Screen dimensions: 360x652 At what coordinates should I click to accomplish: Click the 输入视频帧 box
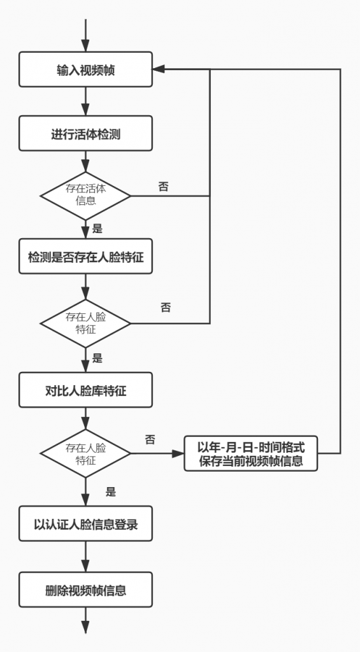coord(86,69)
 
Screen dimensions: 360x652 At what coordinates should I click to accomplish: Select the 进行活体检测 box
coord(86,133)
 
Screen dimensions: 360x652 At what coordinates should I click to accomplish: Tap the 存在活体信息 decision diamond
coord(86,195)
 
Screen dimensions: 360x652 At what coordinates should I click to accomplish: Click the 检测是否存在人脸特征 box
coord(86,256)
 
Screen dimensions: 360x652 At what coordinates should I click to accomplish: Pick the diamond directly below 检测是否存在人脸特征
coord(86,323)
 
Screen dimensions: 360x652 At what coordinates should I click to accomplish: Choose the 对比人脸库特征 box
coord(86,390)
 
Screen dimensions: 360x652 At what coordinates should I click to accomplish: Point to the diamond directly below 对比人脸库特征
coord(86,453)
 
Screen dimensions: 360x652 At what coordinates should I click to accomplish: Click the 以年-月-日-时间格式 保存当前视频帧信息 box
coord(251,453)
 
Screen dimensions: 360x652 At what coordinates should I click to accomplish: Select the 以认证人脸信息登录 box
coord(86,523)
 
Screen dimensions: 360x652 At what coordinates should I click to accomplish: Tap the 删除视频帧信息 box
coord(86,590)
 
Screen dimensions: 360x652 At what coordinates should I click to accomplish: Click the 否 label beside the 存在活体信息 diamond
coord(164,187)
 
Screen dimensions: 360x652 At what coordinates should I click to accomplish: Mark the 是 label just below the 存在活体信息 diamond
coord(97,229)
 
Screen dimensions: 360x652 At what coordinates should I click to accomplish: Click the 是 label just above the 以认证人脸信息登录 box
coord(110,492)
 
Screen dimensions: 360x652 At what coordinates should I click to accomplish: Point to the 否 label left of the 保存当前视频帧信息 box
coord(150,439)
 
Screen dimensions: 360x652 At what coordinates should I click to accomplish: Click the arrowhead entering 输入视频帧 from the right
coord(159,69)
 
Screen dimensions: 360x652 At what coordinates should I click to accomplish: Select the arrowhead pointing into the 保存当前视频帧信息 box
coord(178,453)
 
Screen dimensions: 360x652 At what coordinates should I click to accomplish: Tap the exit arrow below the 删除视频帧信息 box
coord(86,620)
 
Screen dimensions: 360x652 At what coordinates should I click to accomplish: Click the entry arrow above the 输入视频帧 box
coord(86,36)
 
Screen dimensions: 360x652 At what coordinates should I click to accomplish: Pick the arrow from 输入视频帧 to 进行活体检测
coord(86,101)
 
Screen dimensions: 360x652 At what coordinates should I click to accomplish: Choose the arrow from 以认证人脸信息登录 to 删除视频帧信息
coord(86,556)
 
